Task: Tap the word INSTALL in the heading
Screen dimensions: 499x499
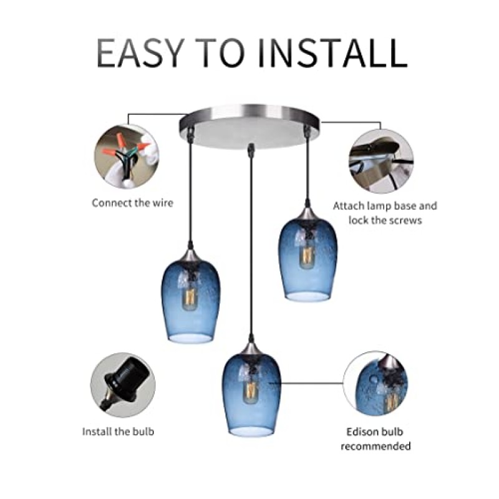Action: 332,53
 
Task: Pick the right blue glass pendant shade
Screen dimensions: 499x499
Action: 308,258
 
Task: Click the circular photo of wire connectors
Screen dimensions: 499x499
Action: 127,157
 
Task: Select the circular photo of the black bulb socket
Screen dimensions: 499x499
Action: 123,385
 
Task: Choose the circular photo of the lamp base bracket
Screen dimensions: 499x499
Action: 382,162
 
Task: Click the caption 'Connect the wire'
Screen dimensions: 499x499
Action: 132,203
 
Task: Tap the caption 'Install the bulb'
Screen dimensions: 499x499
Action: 118,431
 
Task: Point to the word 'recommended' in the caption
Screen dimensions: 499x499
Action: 376,446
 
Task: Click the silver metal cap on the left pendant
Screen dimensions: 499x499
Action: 191,254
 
